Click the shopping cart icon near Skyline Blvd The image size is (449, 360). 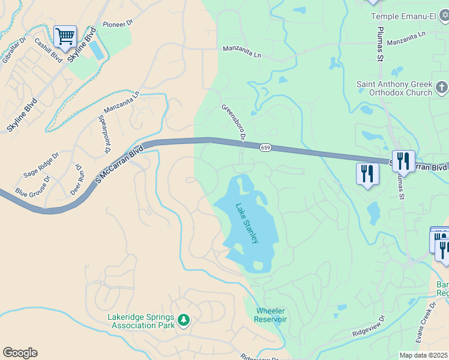[65, 37]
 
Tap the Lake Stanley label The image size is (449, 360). [247, 223]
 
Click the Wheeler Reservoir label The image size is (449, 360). [271, 315]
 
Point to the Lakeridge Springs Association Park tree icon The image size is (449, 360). [183, 321]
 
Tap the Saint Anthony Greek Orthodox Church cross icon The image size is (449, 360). [441, 89]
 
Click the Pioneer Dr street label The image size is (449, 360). [117, 24]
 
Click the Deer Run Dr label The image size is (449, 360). [77, 178]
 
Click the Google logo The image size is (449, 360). [20, 353]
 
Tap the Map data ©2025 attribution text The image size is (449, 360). [424, 355]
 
